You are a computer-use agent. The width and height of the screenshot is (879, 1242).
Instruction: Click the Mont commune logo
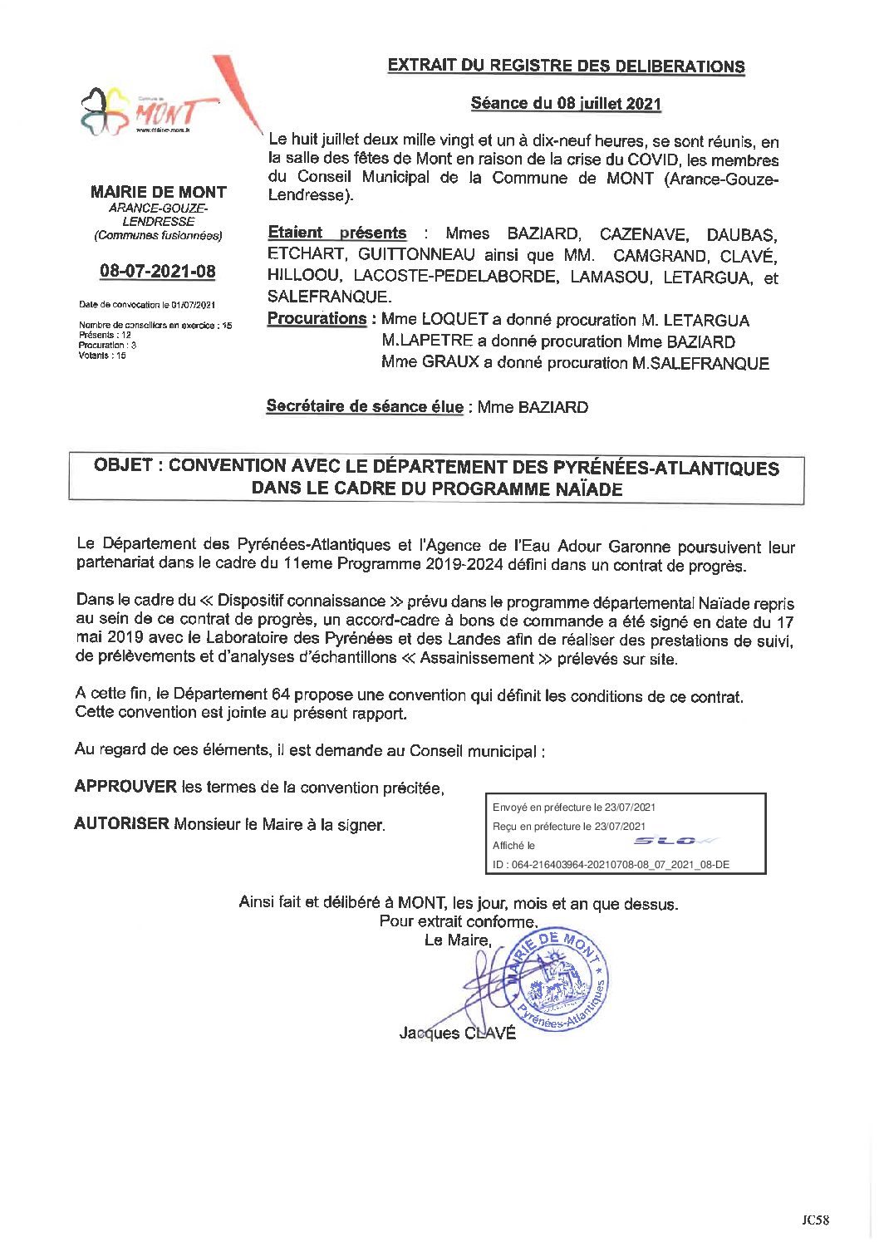coord(150,111)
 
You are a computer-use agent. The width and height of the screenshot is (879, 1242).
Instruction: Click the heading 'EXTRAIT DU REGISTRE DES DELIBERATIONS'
coord(566,66)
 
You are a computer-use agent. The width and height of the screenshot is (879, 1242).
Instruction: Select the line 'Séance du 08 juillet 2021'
coord(566,104)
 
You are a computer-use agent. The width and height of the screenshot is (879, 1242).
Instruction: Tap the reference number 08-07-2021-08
coord(158,271)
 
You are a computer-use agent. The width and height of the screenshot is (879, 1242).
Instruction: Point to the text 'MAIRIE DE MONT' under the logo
coord(158,192)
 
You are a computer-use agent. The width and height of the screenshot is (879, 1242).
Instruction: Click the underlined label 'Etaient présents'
coord(337,233)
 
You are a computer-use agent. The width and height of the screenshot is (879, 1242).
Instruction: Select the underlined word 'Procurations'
coord(317,319)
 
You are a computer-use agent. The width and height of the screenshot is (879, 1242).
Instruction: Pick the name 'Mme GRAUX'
coord(430,362)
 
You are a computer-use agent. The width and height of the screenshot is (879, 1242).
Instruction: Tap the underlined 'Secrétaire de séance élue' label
coord(365,406)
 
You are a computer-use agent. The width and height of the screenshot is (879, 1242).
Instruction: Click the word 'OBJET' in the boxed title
coord(123,465)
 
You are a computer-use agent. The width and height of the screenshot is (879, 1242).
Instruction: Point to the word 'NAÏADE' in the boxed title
coord(587,488)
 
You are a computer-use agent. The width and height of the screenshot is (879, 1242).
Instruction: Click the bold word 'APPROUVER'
coord(125,787)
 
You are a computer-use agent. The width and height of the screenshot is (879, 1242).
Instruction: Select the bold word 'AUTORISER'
coord(121,824)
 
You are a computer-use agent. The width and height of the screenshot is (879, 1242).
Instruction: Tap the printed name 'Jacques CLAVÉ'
coord(457,1033)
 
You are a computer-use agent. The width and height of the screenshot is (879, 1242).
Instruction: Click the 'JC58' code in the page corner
coord(815,1220)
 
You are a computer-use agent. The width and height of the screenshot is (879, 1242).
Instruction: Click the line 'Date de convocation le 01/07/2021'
coord(147,305)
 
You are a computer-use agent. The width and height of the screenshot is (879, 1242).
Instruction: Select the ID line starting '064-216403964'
coord(611,865)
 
